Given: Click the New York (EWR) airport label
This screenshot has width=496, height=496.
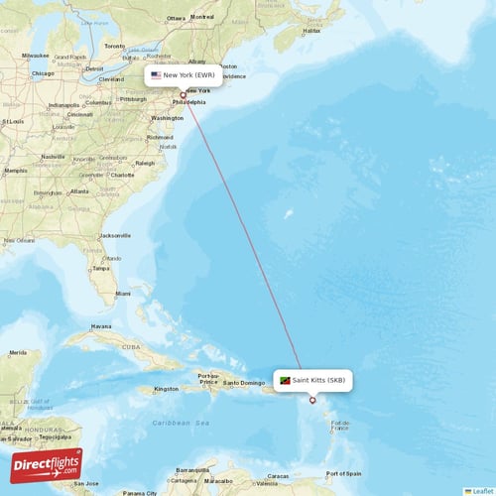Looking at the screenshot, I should click(184, 75).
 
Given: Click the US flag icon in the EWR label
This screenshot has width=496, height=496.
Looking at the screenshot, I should click(156, 75).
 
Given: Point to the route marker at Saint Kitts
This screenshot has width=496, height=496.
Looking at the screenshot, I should click(312, 401).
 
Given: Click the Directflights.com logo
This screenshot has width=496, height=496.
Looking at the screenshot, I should click(47, 466).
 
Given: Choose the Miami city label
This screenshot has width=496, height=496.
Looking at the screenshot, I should click(122, 294).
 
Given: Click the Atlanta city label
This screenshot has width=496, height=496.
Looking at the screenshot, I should click(79, 191).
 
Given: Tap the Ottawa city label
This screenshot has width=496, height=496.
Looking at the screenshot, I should click(177, 18).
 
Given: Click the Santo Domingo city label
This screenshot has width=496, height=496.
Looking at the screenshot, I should click(243, 382).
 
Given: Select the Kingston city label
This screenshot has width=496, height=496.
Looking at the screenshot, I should click(166, 389).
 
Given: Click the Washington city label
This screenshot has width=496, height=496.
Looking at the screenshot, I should click(167, 118).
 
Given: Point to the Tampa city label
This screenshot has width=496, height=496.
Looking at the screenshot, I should click(100, 269).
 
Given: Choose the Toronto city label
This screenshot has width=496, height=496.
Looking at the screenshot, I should click(115, 47).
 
